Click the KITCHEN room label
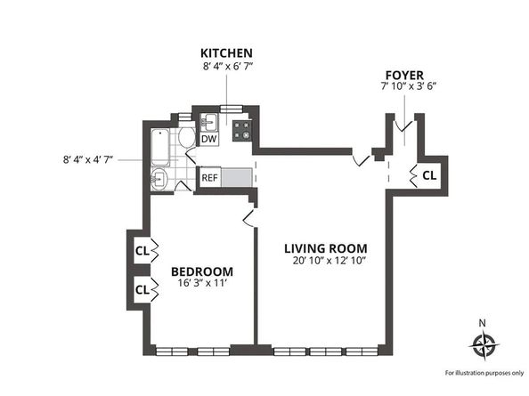(x=226, y=53)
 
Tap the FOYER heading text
(x=404, y=75)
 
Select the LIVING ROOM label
(x=326, y=248)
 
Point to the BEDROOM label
(x=202, y=271)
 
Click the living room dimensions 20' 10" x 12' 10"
(x=329, y=261)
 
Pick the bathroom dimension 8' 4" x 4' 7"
(x=87, y=159)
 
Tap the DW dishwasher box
(x=209, y=139)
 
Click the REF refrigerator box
(x=209, y=177)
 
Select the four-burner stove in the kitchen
(x=242, y=131)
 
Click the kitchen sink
(x=209, y=122)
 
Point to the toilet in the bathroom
(x=186, y=137)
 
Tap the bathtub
(x=160, y=147)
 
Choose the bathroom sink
(x=159, y=178)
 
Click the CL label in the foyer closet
(x=429, y=175)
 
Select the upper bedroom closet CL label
(x=142, y=251)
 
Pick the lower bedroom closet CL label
(x=142, y=290)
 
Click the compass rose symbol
(x=484, y=344)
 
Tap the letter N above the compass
(x=483, y=324)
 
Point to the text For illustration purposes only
(x=484, y=373)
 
